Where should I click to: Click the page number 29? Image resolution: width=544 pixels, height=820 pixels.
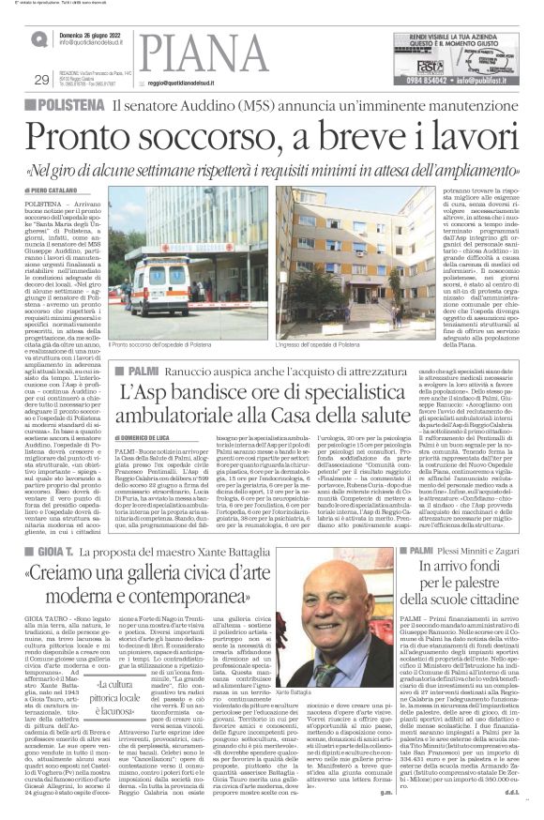click(39, 78)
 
